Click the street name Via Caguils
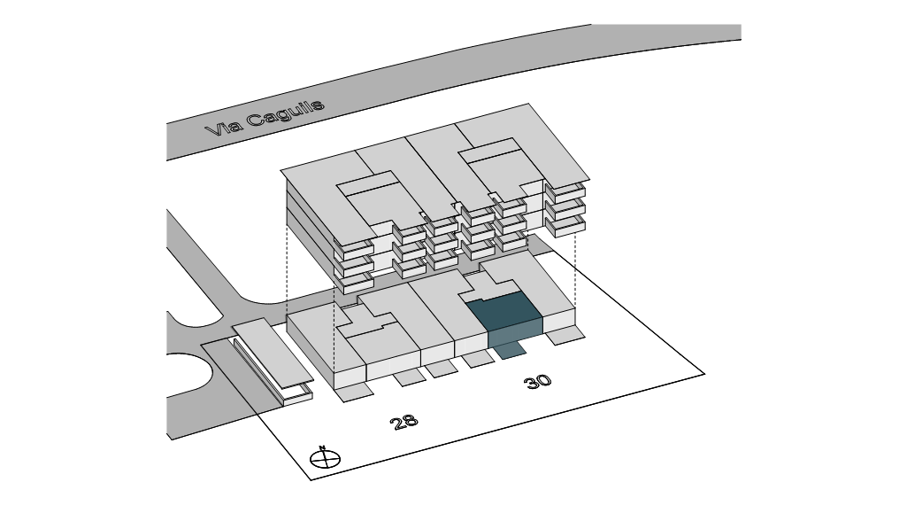[x=265, y=118]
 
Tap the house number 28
[x=404, y=422]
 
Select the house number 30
[x=537, y=382]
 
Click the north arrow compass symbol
[x=326, y=459]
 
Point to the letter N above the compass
[x=323, y=447]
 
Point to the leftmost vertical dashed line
[x=287, y=266]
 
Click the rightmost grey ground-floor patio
[x=565, y=335]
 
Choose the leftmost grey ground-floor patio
[x=358, y=391]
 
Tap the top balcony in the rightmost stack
[x=565, y=191]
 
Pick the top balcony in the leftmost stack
[x=353, y=248]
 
